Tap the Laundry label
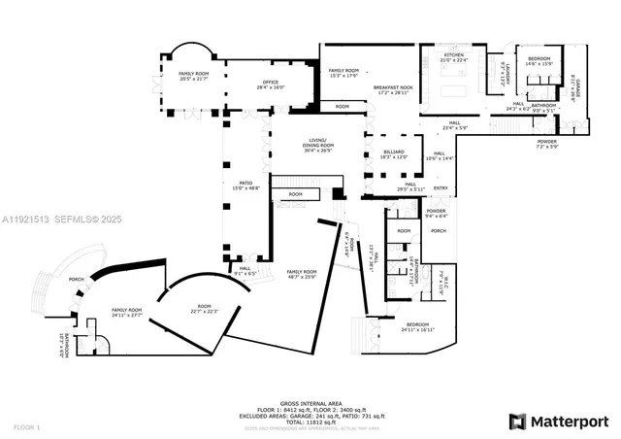pos(505,73)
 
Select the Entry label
pos(441,188)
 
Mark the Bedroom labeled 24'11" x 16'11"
pos(417,326)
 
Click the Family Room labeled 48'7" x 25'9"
pos(301,275)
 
